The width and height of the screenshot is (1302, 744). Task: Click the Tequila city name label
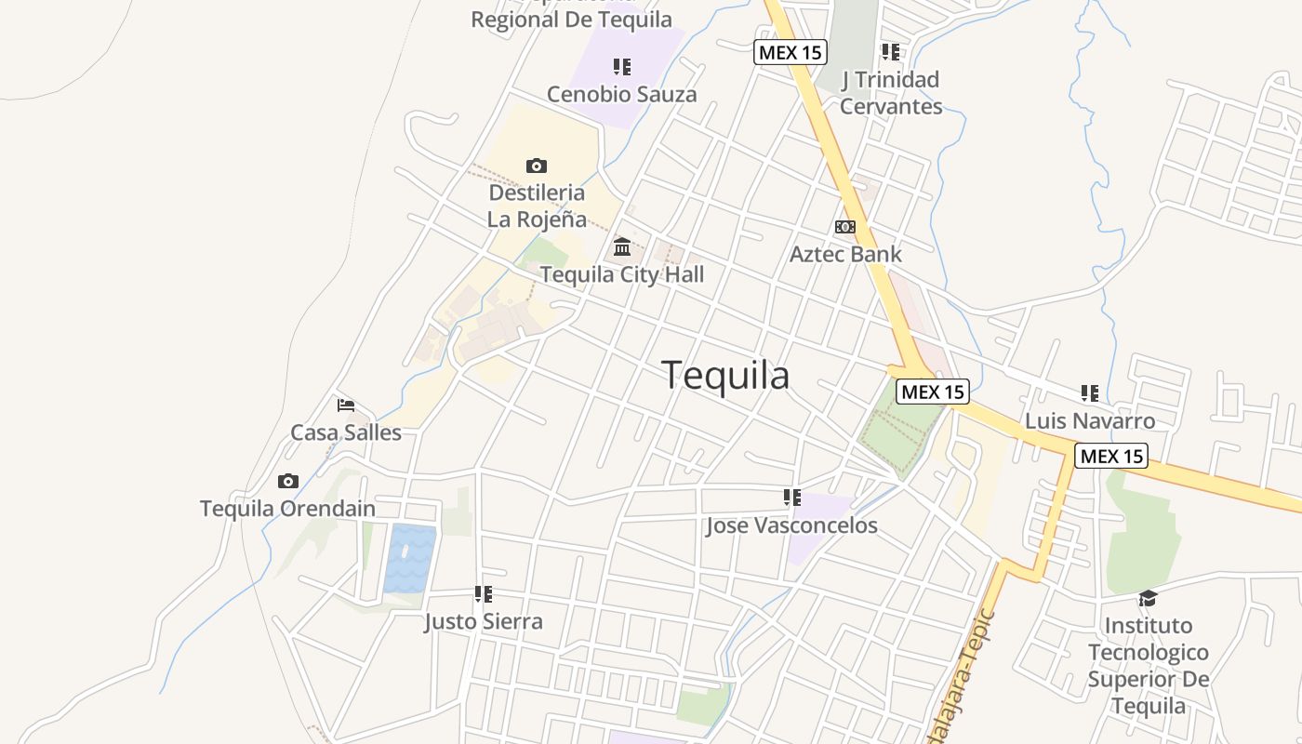pos(725,375)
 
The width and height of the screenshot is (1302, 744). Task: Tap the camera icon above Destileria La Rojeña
pos(537,166)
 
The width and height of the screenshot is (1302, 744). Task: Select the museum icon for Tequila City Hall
pos(622,247)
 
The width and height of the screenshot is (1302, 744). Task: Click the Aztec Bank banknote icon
pos(844,227)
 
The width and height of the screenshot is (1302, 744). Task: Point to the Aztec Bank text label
pos(845,254)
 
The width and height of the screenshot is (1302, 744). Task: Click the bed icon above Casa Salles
pos(346,405)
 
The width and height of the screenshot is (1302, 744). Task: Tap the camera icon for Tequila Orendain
pos(288,481)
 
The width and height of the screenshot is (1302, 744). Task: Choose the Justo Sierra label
pos(484,621)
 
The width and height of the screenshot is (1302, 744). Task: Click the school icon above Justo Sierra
pos(484,593)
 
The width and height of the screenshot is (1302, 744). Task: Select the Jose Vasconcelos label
pos(791,525)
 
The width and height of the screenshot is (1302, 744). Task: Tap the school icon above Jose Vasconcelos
pos(792,498)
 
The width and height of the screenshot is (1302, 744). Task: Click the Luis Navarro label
pos(1090,421)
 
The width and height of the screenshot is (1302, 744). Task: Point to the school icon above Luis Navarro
pos(1090,393)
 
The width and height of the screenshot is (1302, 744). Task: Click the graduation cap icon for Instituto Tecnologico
pos(1149,598)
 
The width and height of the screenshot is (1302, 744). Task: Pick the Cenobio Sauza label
pos(621,94)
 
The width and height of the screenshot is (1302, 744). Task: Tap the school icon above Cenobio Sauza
pos(622,67)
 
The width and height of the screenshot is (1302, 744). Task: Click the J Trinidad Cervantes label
pos(891,93)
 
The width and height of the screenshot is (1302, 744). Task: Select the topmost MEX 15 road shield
pos(790,52)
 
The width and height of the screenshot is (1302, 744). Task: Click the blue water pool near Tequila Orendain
pos(410,559)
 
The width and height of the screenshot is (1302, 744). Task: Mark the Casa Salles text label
pos(346,432)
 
